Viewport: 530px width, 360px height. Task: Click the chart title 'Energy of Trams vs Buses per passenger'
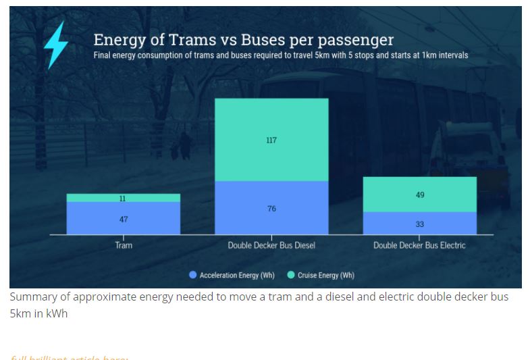(x=243, y=39)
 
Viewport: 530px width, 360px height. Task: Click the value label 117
(x=271, y=140)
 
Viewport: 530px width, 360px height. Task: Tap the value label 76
(x=271, y=209)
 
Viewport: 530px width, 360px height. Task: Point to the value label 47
(x=124, y=220)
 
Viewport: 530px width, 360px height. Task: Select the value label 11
(x=122, y=199)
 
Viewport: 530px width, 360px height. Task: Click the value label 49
(x=420, y=195)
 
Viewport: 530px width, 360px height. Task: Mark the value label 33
(x=420, y=224)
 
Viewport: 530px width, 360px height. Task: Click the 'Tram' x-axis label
(x=124, y=245)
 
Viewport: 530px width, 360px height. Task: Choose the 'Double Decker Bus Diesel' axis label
(x=271, y=245)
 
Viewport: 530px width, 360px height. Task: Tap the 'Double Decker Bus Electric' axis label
(x=419, y=245)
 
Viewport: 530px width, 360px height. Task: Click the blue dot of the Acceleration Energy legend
(x=193, y=275)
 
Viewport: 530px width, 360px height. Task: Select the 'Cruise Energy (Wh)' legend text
(x=325, y=275)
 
